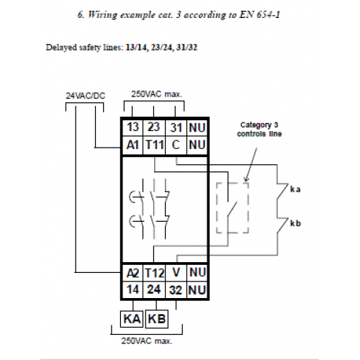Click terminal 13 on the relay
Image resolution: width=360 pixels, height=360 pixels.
click(x=132, y=127)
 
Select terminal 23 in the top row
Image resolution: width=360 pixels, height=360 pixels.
click(x=154, y=127)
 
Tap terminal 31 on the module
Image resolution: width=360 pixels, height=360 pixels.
click(x=176, y=127)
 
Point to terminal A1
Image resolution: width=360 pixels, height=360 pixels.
click(x=132, y=145)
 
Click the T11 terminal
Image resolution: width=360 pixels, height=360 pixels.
click(x=154, y=145)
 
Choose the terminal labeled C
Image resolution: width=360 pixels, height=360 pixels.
click(x=176, y=145)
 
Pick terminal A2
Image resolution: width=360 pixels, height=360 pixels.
click(x=132, y=273)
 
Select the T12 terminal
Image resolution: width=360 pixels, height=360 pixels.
click(x=154, y=273)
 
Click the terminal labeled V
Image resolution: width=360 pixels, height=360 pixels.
click(x=176, y=273)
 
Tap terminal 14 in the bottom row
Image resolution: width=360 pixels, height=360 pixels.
click(x=132, y=289)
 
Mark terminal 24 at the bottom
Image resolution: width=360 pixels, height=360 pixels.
click(x=154, y=289)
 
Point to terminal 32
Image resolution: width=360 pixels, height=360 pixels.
click(x=176, y=289)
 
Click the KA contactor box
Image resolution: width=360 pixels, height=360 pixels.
click(x=132, y=319)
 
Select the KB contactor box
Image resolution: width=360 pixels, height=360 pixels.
click(x=157, y=319)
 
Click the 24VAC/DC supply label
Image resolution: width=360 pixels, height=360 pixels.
click(x=86, y=96)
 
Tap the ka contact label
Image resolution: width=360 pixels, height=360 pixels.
click(x=295, y=189)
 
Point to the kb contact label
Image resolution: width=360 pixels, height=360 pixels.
click(x=295, y=223)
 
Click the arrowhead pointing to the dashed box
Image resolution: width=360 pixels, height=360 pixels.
click(x=246, y=179)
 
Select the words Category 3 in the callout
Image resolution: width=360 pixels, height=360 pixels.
click(x=259, y=125)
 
